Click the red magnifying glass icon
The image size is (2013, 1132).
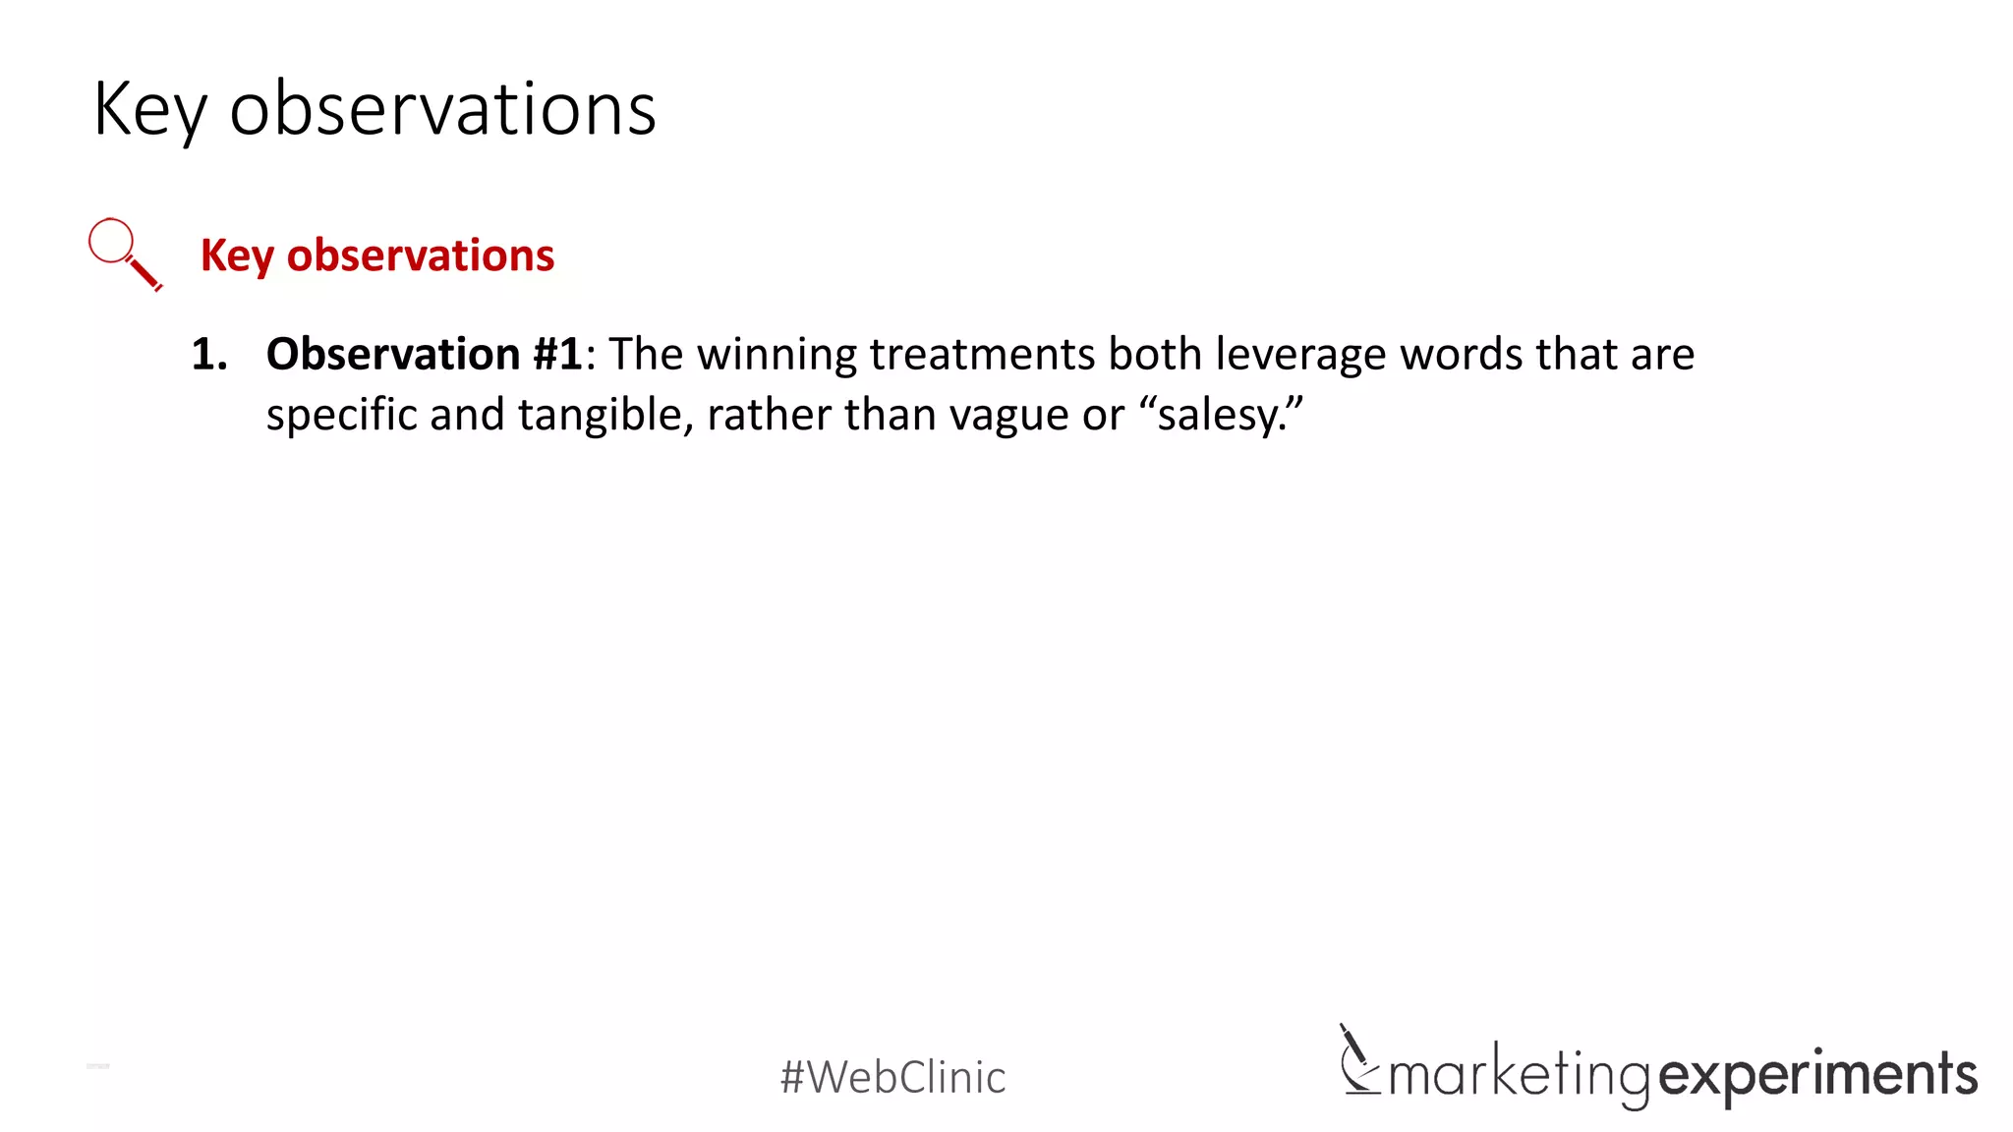(124, 254)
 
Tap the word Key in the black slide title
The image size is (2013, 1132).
(150, 110)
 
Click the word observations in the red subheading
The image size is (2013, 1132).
(420, 255)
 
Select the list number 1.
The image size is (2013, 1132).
(209, 355)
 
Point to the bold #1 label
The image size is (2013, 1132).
(557, 355)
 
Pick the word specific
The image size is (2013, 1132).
(341, 416)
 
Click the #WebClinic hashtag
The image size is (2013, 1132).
(892, 1077)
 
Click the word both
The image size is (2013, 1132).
(1155, 355)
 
